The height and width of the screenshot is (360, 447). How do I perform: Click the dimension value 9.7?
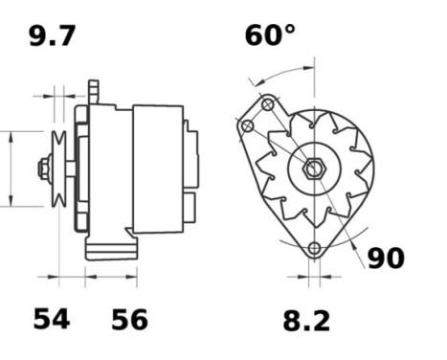53,36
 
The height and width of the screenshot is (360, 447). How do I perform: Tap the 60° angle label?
270,34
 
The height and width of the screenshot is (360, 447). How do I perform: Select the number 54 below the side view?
52,319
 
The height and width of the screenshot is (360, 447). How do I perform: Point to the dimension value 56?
129,319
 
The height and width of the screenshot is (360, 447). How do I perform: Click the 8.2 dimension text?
306,321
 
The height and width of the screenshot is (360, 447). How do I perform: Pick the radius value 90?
386,258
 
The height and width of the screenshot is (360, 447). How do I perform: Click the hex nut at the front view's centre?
314,168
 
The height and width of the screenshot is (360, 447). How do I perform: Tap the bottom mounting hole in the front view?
314,248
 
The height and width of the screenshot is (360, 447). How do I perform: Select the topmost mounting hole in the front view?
267,104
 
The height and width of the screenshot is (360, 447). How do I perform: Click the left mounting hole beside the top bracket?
248,126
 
